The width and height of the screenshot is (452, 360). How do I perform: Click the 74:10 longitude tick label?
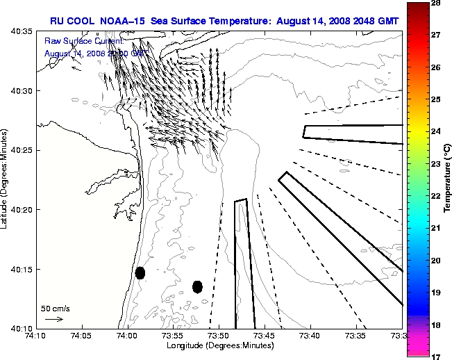(x=36, y=336)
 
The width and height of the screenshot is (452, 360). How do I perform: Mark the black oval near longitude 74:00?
(x=140, y=272)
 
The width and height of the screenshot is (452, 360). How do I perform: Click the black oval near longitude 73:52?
(x=197, y=286)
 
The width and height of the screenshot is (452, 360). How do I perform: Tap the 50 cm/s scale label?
(x=55, y=308)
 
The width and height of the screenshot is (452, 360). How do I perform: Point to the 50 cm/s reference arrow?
(x=53, y=319)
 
